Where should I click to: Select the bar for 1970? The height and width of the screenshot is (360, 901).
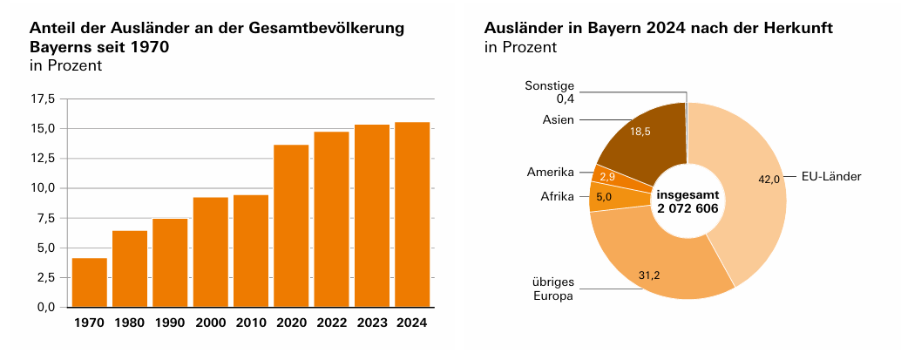(90, 282)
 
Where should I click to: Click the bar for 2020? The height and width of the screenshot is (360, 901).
(291, 226)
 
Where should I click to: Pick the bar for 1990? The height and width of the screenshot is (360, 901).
(170, 262)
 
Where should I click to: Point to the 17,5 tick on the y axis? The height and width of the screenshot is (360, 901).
(44, 99)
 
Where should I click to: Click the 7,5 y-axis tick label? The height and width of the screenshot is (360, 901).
(44, 218)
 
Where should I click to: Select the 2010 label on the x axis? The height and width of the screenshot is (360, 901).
(251, 323)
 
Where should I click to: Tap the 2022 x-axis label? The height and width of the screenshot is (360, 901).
(331, 323)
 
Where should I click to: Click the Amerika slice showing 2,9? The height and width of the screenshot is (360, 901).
(608, 176)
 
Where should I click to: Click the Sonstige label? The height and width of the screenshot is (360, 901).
(549, 85)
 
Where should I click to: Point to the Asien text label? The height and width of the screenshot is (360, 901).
(559, 119)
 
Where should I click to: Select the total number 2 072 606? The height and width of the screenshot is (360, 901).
(688, 208)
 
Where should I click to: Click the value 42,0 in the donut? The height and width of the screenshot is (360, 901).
(769, 179)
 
